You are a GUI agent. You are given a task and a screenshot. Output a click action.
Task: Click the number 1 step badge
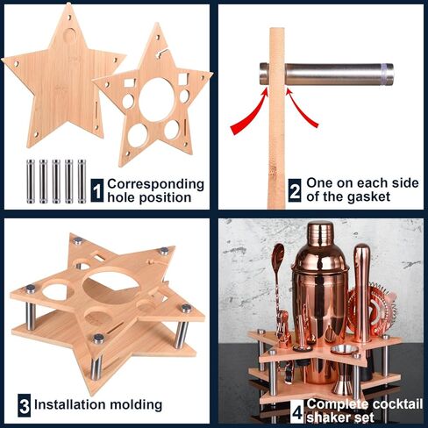[x=97, y=190]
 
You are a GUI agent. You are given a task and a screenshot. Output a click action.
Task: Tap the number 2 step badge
[x=295, y=190]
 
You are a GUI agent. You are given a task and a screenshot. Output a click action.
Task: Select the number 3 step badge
[x=24, y=405]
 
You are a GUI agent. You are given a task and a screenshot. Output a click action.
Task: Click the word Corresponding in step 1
[x=155, y=185]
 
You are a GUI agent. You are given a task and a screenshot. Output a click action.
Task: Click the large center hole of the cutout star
[x=157, y=100]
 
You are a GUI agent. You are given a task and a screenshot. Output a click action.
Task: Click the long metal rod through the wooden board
[x=326, y=74]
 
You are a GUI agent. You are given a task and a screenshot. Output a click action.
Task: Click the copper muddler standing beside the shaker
[x=361, y=293]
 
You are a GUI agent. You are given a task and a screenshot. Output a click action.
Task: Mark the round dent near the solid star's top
[x=70, y=35]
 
